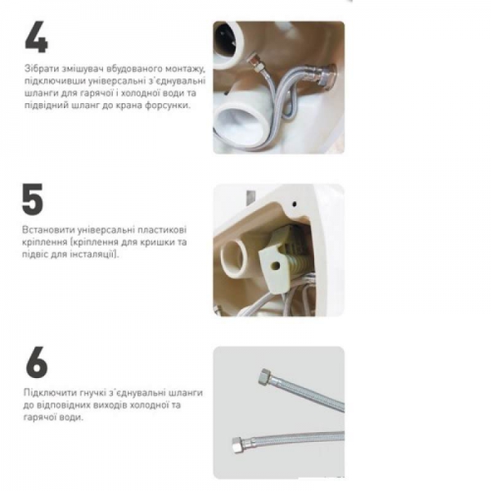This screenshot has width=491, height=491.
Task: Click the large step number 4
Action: point(36,37)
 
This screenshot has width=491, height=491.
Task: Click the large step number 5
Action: point(33,199)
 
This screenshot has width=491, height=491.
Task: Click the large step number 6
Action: point(37,362)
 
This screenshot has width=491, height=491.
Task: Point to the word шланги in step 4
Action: point(39,93)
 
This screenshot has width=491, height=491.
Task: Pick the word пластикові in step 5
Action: point(162,230)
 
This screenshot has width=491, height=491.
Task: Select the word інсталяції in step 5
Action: point(92,255)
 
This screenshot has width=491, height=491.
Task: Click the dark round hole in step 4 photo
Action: point(225,42)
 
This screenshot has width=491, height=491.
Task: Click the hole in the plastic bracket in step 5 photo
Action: point(276,265)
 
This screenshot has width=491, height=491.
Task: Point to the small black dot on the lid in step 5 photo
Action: point(295,204)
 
